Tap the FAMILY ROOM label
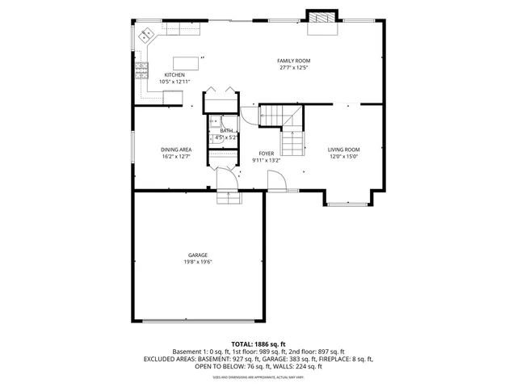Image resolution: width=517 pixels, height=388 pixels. pyautogui.click(x=294, y=61)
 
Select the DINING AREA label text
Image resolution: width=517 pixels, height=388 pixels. pyautogui.click(x=175, y=150)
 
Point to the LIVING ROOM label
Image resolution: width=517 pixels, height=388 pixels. pyautogui.click(x=343, y=150)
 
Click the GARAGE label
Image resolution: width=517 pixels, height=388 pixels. pyautogui.click(x=198, y=255)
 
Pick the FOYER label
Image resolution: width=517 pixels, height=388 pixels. pyautogui.click(x=267, y=153)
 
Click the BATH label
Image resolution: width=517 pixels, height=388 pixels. pyautogui.click(x=226, y=131)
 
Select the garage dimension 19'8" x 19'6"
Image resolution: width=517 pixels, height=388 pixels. pyautogui.click(x=198, y=262)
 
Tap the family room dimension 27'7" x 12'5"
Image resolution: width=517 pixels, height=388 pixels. pyautogui.click(x=294, y=68)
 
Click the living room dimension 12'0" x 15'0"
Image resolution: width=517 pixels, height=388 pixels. pyautogui.click(x=343, y=157)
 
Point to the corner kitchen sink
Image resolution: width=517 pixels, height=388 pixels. pyautogui.click(x=147, y=35)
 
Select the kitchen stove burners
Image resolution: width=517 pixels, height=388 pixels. pyautogui.click(x=142, y=70)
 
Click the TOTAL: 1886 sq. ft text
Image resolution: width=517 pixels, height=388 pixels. pyautogui.click(x=258, y=344)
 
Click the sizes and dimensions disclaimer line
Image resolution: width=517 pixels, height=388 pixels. pyautogui.click(x=258, y=377)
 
